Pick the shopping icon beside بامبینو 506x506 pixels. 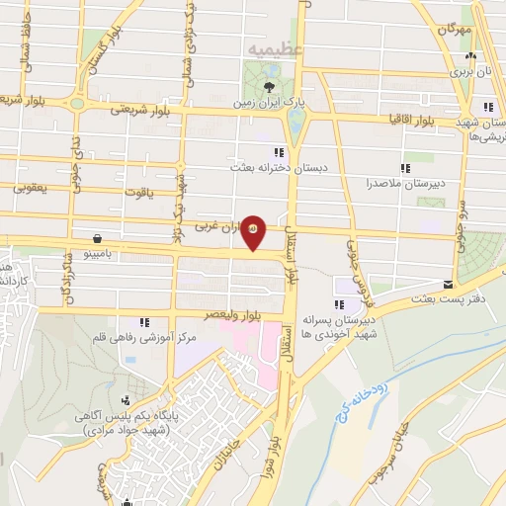(x=98, y=238)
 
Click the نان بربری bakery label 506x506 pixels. (x=472, y=72)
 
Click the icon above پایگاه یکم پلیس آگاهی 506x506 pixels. (x=126, y=400)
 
